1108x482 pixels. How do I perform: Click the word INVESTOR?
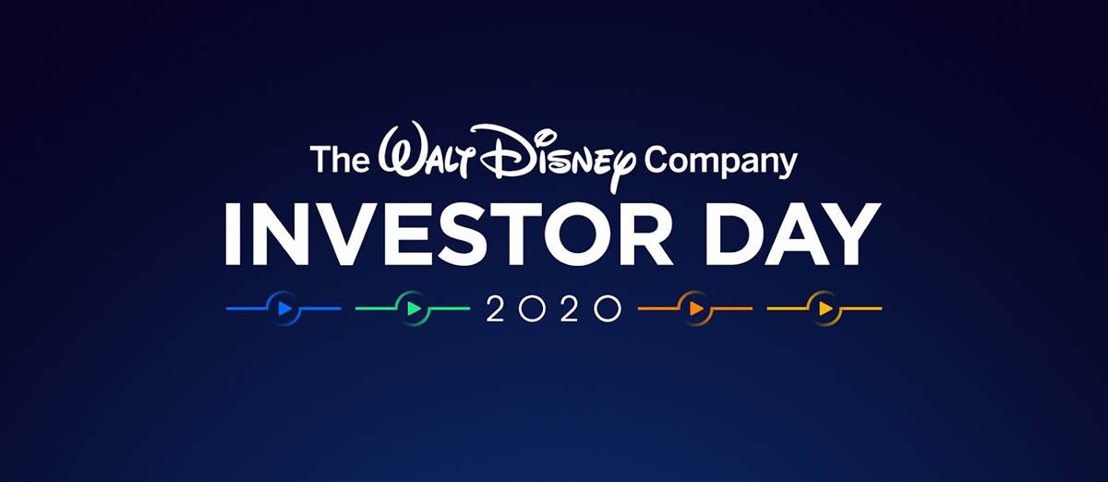pos(448,235)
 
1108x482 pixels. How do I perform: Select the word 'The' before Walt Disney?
pos(340,158)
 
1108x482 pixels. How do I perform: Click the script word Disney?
pos(552,156)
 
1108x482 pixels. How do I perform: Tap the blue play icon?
pos(284,308)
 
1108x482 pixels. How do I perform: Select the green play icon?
pos(414,308)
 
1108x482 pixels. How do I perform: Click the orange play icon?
pos(696,308)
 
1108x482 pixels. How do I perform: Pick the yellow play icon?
pos(825,308)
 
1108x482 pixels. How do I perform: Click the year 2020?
pos(554,308)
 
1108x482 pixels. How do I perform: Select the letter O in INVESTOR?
pos(578,235)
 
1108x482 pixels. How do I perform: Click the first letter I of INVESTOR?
pos(232,235)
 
